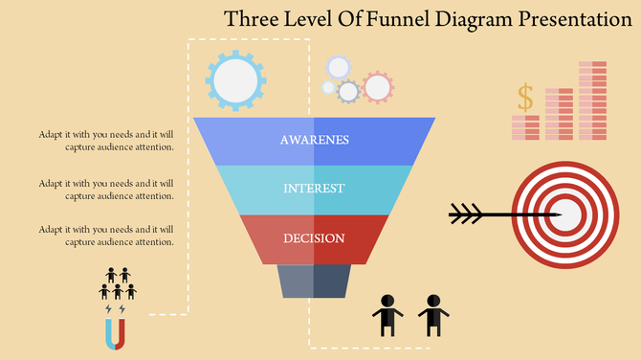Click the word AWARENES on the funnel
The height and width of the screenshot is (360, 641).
point(314,140)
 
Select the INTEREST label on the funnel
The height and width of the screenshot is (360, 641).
point(314,189)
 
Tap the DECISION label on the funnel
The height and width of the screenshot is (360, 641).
point(314,238)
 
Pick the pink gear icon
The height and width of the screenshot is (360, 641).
point(378,87)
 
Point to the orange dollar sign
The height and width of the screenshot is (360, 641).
point(524,97)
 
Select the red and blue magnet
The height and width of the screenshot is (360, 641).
point(115,334)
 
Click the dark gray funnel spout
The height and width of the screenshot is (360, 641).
point(313,281)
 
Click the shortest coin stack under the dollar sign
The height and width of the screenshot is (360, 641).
point(525,128)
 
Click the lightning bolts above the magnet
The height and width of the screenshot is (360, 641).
point(115,310)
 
